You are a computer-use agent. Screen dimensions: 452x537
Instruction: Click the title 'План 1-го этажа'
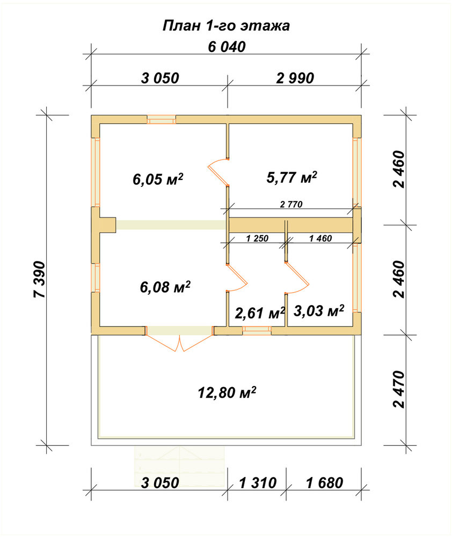226,26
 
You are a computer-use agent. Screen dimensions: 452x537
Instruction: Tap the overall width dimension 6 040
227,47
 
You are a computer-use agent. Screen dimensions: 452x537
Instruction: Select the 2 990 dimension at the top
295,78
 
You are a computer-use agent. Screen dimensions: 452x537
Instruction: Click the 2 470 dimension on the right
399,389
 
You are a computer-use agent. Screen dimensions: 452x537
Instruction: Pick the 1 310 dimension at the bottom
258,483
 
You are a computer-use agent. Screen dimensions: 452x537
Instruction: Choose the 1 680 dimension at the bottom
324,483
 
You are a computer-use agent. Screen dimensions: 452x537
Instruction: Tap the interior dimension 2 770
291,205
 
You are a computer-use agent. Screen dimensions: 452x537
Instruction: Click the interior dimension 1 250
257,238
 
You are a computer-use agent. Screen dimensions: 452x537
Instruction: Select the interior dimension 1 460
320,238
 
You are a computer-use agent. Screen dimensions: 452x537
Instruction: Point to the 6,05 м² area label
158,179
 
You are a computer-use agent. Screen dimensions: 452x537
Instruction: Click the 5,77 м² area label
291,177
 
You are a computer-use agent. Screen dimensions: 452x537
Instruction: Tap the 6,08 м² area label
165,287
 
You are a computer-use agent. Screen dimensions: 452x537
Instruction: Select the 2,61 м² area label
260,313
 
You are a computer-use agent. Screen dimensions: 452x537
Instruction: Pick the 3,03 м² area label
319,311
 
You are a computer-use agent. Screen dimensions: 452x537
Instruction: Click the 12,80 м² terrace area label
227,393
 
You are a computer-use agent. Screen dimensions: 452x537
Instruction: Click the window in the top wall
162,119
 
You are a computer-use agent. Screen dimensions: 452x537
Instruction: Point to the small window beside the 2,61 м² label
257,330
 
